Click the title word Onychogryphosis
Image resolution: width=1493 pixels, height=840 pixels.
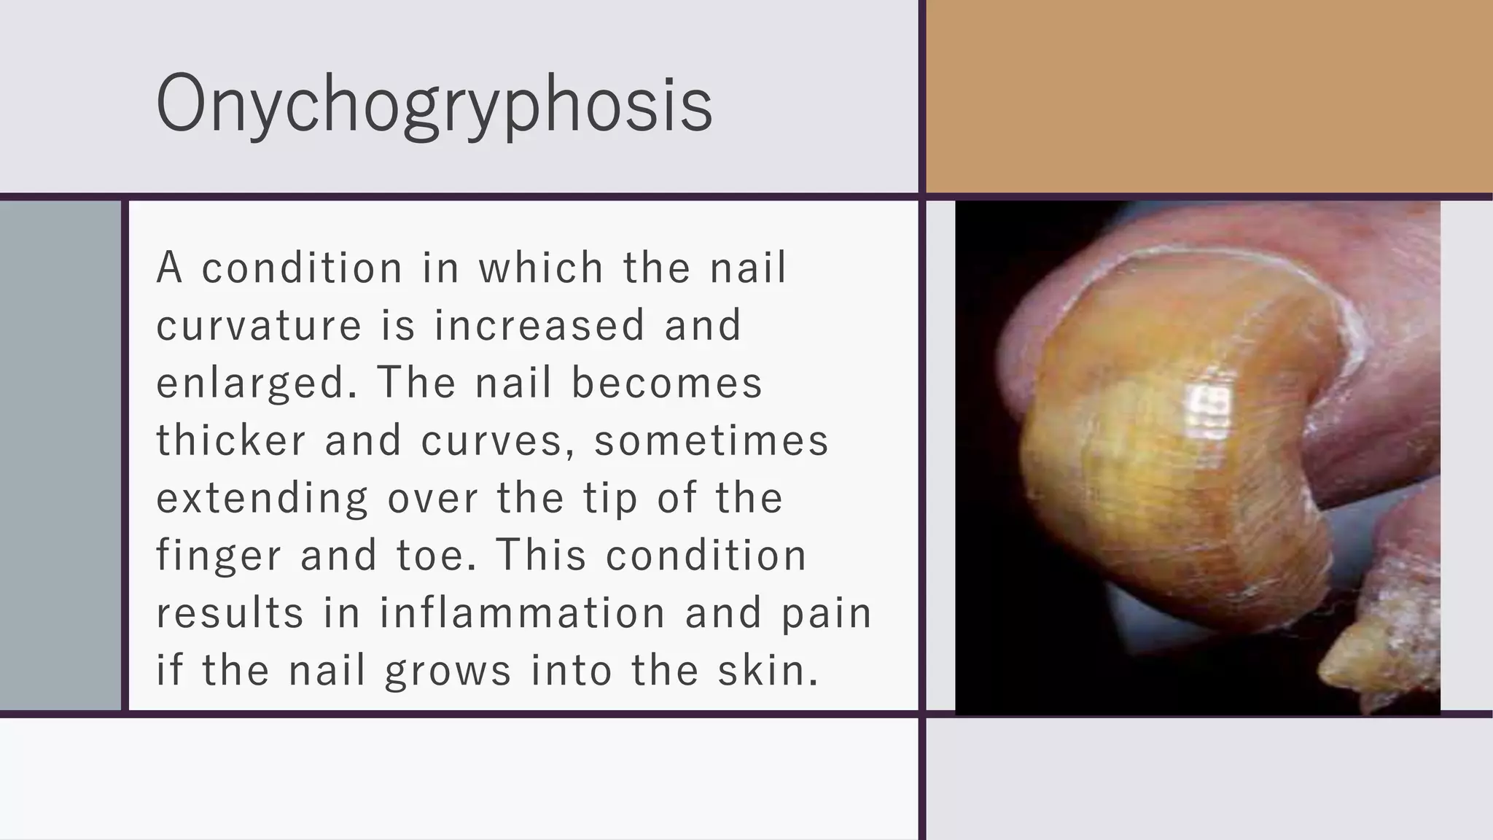coord(434,104)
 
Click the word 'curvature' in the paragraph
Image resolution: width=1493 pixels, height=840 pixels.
coord(259,325)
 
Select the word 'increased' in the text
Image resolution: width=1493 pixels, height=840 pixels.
coord(539,325)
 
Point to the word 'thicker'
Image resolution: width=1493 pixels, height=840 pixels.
coord(230,440)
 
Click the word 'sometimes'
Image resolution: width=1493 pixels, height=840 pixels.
coord(712,440)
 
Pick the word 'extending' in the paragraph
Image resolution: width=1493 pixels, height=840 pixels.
coord(262,499)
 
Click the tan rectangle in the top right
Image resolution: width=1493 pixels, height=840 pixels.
coord(1209,96)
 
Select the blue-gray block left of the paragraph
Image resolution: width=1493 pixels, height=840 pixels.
coord(60,455)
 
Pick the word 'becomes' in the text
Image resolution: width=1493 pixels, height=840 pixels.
coord(666,383)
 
